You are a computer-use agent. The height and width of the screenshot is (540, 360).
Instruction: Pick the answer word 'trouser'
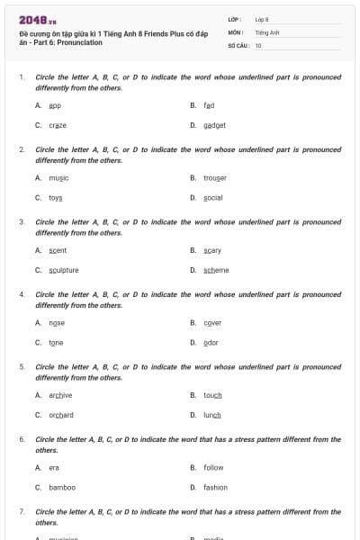(215, 178)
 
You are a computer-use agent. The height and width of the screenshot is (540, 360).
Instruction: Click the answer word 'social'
(212, 197)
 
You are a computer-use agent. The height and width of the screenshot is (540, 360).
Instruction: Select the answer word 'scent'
(58, 250)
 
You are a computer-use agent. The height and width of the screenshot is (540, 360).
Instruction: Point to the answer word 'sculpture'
(64, 270)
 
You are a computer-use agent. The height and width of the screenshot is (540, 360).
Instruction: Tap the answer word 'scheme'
(216, 270)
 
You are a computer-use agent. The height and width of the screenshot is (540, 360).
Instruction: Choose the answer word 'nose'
(57, 323)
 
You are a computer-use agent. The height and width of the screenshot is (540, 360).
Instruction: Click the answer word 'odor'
(211, 343)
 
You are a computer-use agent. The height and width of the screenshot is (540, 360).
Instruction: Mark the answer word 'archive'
(60, 395)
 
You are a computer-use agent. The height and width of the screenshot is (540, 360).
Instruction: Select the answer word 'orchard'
(61, 415)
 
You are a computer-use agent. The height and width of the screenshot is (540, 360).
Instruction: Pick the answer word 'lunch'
(212, 415)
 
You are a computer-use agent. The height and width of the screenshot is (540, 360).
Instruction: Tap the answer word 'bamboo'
(62, 487)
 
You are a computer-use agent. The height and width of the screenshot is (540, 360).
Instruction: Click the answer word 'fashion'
(215, 487)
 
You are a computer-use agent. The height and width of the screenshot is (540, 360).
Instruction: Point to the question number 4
(22, 294)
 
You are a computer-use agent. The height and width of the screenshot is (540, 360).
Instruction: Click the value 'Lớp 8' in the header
(262, 19)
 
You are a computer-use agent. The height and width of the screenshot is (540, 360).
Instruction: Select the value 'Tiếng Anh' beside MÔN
(267, 31)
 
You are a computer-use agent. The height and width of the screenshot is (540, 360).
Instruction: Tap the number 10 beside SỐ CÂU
(258, 45)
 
